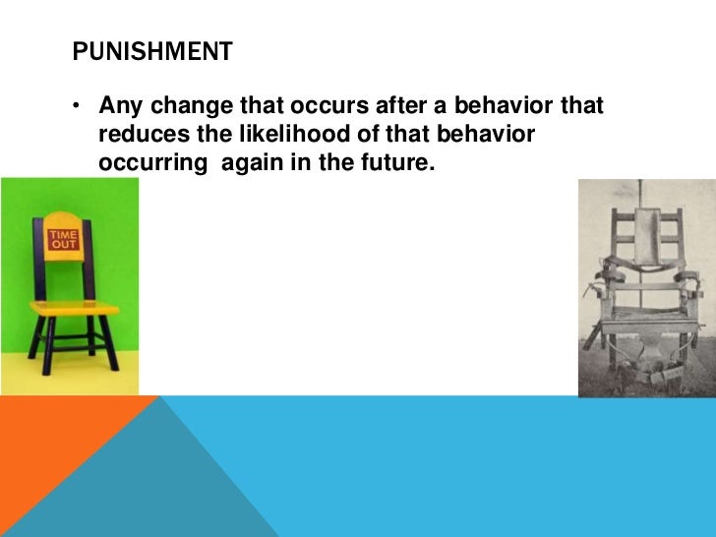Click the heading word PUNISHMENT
[x=152, y=51]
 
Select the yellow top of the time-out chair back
[x=66, y=217]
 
